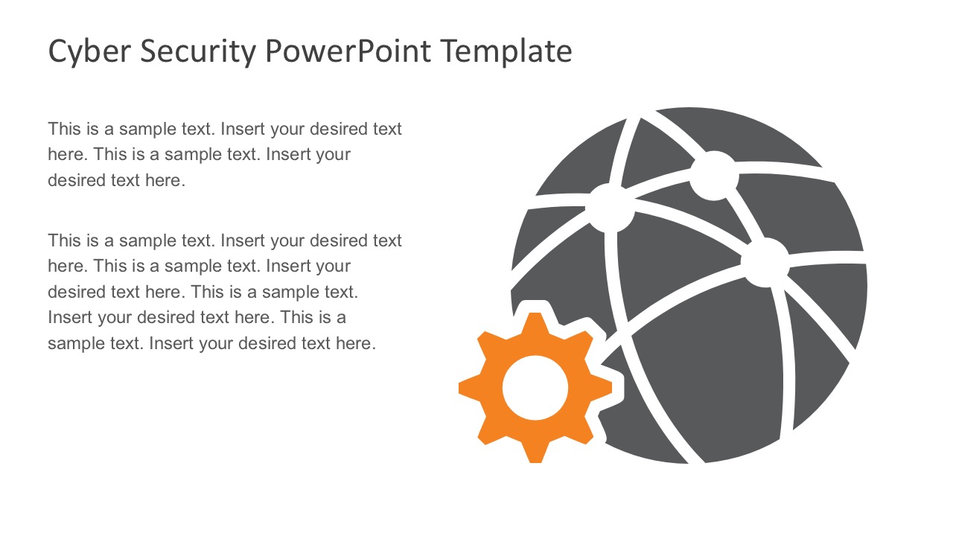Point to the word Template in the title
coord(506,52)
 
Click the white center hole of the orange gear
coord(535,388)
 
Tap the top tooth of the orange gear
coord(535,325)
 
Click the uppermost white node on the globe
coord(713,176)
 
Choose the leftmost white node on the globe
coord(611,208)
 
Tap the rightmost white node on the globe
coord(765,263)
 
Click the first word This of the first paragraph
coord(64,129)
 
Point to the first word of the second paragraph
coord(64,240)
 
